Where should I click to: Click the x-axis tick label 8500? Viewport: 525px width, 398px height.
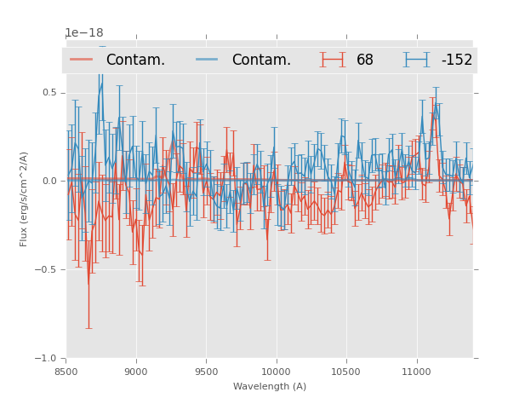coord(66,372)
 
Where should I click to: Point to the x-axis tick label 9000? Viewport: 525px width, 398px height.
coord(136,372)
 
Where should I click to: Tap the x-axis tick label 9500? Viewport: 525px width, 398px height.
coord(207,372)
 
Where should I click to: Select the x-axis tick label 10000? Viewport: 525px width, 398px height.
coord(277,372)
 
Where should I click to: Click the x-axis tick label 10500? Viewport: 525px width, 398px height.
coord(347,372)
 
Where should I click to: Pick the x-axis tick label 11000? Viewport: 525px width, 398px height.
coord(417,372)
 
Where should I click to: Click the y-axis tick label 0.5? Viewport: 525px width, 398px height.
coord(49,93)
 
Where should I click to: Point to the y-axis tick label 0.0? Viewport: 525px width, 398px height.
coord(49,181)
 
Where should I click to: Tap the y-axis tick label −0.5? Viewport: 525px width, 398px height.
coord(47,270)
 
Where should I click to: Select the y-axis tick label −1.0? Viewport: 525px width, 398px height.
coord(47,359)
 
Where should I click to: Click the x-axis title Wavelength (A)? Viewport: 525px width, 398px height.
coord(270,386)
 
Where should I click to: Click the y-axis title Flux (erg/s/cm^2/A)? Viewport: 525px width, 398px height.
coord(24,199)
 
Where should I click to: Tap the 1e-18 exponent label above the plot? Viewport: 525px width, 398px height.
coord(85,33)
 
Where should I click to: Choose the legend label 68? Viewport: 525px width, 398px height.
coord(365,60)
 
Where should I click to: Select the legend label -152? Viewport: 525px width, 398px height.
coord(456,60)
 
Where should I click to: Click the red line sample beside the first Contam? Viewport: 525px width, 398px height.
coord(82,60)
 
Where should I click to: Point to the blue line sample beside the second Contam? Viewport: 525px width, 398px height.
coord(208,60)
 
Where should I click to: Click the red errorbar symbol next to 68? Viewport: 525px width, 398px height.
coord(334,60)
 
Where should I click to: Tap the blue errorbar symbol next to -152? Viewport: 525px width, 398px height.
coord(417,60)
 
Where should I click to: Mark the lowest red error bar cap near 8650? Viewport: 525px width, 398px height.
coord(88,328)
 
